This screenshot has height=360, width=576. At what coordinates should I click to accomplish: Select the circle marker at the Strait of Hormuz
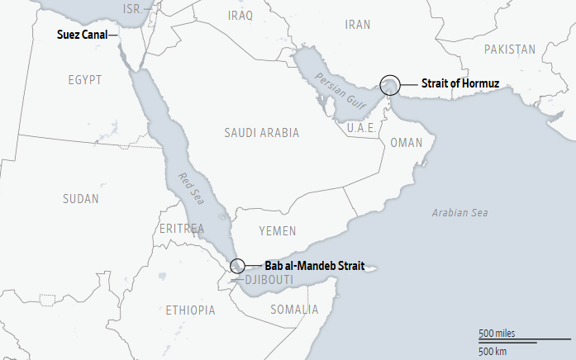tap(390, 84)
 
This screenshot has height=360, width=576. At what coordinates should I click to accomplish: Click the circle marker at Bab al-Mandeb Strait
tap(237, 266)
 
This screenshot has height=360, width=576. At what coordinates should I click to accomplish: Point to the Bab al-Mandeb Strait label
tap(315, 266)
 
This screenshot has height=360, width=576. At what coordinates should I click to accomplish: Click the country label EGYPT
tap(85, 80)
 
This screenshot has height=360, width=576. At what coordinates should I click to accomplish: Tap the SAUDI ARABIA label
tap(261, 132)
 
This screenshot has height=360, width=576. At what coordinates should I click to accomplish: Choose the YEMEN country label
tap(277, 231)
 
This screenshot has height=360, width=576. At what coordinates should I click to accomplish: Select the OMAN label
tap(406, 143)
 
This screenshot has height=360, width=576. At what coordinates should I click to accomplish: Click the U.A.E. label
tap(361, 128)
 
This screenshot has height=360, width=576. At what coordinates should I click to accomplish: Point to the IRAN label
tap(358, 25)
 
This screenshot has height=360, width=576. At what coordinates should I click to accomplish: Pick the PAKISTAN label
tap(510, 50)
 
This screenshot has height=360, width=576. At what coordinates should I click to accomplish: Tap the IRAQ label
tap(240, 15)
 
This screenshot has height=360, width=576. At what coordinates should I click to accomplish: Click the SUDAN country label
tap(80, 198)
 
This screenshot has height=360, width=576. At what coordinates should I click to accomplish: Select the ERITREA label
tap(183, 228)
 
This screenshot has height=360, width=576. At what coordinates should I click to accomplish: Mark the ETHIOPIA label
tap(190, 310)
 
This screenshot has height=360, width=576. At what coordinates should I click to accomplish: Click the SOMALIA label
tap(293, 310)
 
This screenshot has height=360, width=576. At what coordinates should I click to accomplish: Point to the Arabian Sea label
tap(459, 213)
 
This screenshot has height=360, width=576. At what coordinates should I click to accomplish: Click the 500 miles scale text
tap(497, 333)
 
